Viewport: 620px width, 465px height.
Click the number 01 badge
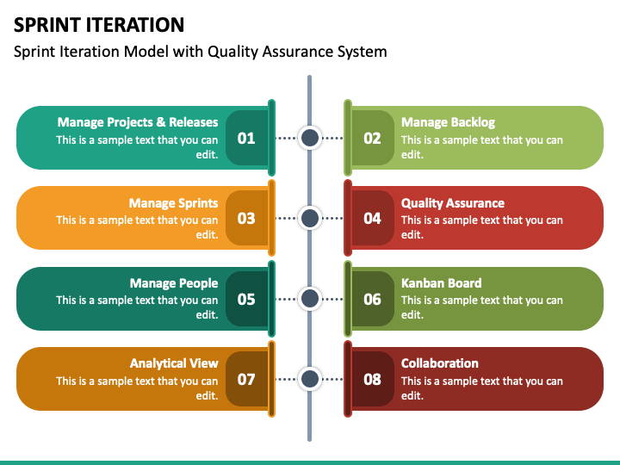pyautogui.click(x=247, y=138)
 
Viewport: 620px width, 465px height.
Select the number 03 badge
pyautogui.click(x=247, y=218)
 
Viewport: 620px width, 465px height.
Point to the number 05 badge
pyautogui.click(x=247, y=299)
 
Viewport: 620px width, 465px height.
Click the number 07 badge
pyautogui.click(x=247, y=379)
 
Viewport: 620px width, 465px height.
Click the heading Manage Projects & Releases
pyautogui.click(x=138, y=121)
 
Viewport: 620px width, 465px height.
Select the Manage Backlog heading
pyautogui.click(x=448, y=122)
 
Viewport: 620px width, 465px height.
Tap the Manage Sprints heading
pyautogui.click(x=174, y=203)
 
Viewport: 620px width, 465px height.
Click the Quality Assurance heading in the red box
pyautogui.click(x=453, y=203)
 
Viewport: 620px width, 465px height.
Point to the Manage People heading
pyautogui.click(x=174, y=283)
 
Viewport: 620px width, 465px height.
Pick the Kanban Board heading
pyautogui.click(x=441, y=282)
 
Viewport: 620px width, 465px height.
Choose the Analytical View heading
pyautogui.click(x=174, y=363)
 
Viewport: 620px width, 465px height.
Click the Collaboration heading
pyautogui.click(x=440, y=363)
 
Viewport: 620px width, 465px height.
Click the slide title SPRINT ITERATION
pyautogui.click(x=99, y=24)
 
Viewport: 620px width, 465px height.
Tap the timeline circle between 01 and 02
pyautogui.click(x=310, y=138)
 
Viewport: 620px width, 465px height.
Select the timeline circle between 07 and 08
pyautogui.click(x=310, y=379)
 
